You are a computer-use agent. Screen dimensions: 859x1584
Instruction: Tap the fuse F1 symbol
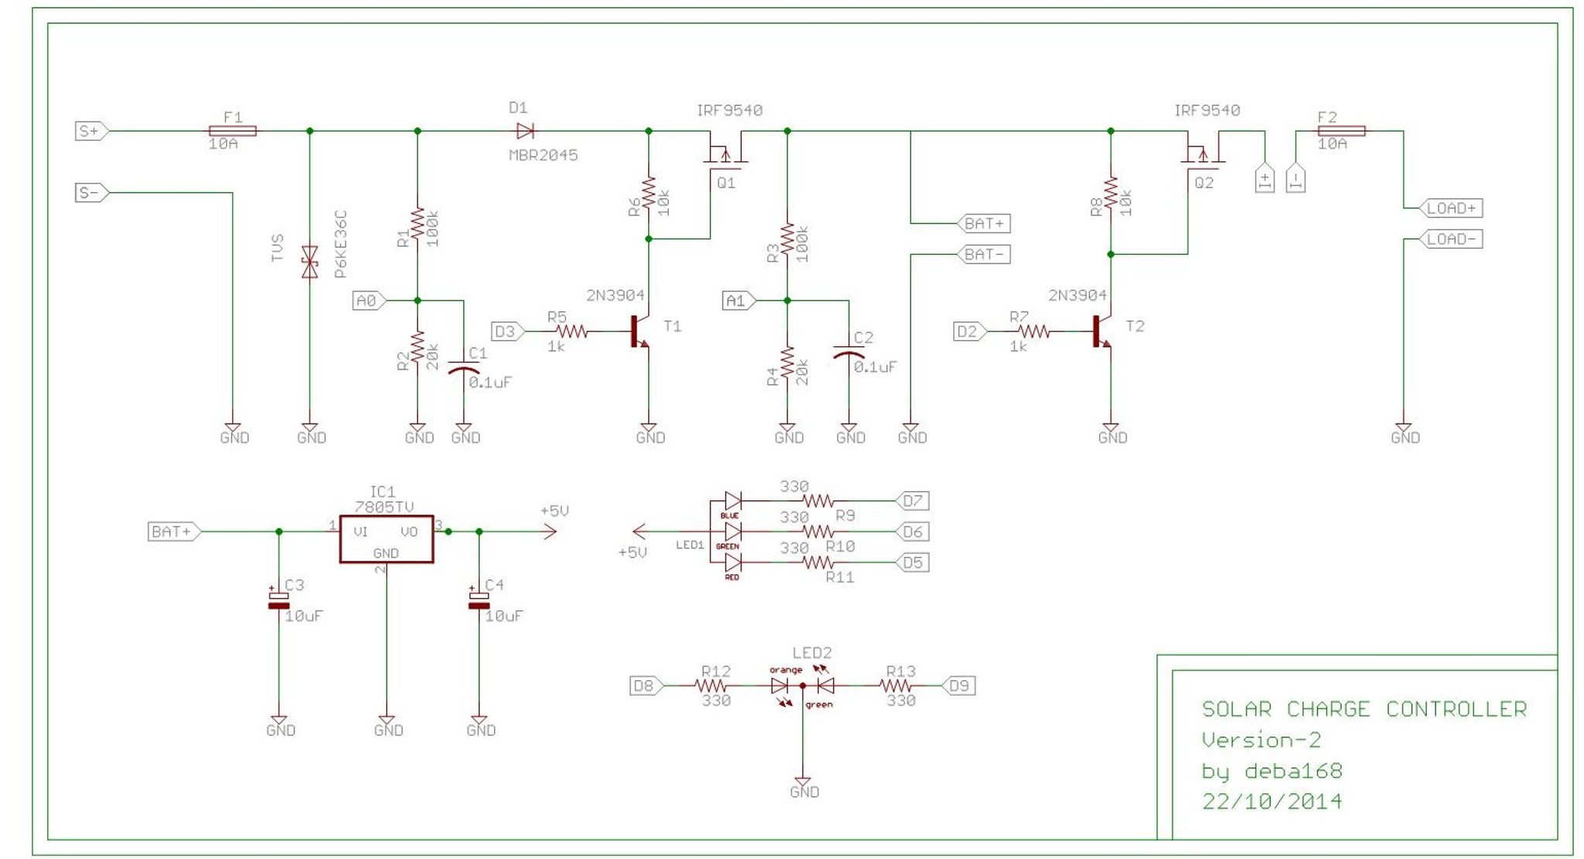pyautogui.click(x=232, y=131)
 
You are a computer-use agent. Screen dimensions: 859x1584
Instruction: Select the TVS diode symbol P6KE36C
pyautogui.click(x=310, y=262)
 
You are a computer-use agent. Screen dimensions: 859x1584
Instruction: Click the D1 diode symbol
pyautogui.click(x=525, y=131)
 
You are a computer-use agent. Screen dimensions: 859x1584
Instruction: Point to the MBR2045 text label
pyautogui.click(x=543, y=155)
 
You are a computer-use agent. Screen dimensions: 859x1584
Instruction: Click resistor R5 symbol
pyautogui.click(x=571, y=332)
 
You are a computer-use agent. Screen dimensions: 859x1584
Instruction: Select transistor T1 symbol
pyautogui.click(x=639, y=332)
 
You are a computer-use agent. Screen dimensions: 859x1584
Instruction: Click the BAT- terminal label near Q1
pyautogui.click(x=984, y=254)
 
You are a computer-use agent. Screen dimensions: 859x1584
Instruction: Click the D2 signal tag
pyautogui.click(x=968, y=332)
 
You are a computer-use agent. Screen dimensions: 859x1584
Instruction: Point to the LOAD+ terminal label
pyautogui.click(x=1452, y=208)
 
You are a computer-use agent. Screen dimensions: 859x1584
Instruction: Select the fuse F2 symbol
pyautogui.click(x=1342, y=131)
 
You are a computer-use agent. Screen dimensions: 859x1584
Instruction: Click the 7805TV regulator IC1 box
pyautogui.click(x=386, y=539)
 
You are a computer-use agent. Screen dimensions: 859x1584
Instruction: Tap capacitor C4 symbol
pyautogui.click(x=479, y=600)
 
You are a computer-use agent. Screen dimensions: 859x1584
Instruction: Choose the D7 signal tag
pyautogui.click(x=913, y=501)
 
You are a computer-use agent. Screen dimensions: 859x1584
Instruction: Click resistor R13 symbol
pyautogui.click(x=898, y=685)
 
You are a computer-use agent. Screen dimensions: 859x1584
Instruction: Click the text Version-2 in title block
pyautogui.click(x=1260, y=740)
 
